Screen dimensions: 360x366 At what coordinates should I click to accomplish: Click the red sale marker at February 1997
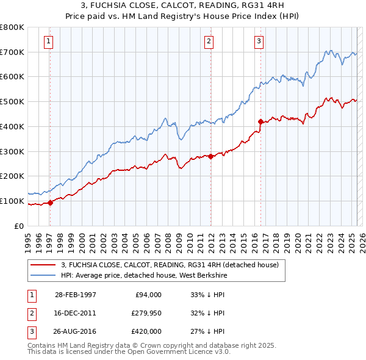[51, 203]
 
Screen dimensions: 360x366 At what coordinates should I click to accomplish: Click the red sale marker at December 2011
[210, 156]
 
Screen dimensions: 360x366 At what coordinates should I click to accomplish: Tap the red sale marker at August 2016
[260, 121]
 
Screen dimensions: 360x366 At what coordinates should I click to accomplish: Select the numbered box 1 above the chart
[48, 41]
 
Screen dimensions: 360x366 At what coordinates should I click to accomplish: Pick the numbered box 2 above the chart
[209, 41]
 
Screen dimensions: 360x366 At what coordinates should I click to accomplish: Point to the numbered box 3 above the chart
[259, 41]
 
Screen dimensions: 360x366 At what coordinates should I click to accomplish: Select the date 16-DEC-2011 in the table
[76, 313]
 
